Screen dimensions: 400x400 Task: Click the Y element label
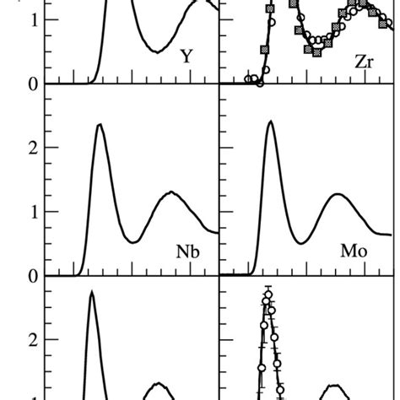tap(187, 58)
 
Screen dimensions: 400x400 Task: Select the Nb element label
tap(187, 251)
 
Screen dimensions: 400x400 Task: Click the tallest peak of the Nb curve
tap(100, 125)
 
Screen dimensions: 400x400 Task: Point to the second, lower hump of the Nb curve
tap(171, 192)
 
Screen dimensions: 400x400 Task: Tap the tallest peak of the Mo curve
tap(270, 122)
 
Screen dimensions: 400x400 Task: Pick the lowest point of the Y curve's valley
tap(158, 51)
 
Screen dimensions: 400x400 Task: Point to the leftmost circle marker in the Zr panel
tap(248, 79)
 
